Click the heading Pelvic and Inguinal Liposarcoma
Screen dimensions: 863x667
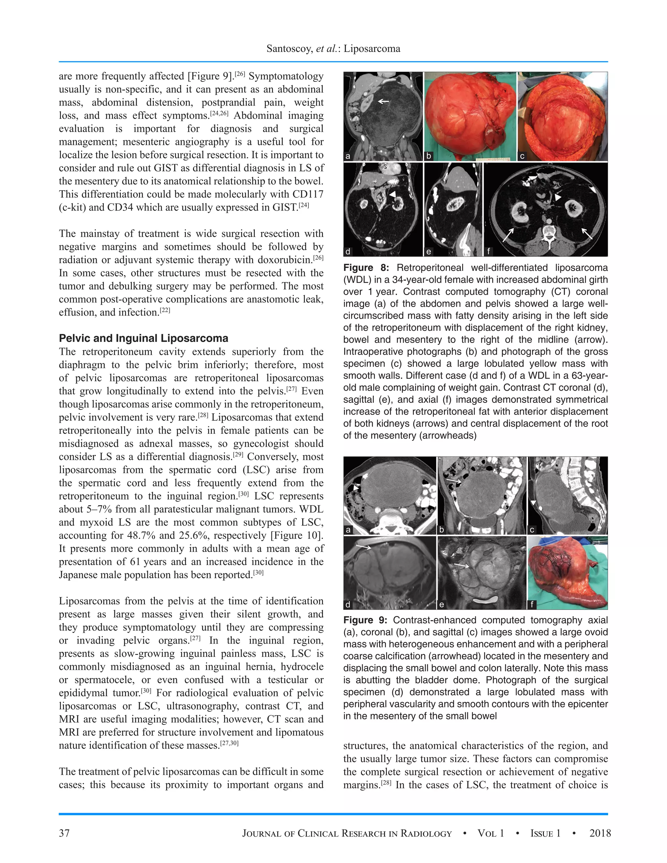[x=143, y=338]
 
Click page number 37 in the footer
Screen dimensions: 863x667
[x=64, y=833]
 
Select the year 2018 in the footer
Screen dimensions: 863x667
[x=600, y=833]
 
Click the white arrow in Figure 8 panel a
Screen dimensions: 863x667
[x=383, y=102]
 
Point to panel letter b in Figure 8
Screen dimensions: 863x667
[x=429, y=156]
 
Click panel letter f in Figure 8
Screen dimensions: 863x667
[x=489, y=251]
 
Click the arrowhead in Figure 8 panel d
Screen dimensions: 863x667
[x=392, y=194]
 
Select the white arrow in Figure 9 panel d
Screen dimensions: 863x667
[x=363, y=547]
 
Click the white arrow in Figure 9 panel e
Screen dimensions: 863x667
[x=461, y=566]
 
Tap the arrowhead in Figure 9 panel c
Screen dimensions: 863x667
[x=533, y=502]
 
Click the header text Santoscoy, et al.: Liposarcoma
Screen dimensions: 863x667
[x=333, y=49]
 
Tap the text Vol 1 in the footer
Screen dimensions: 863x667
[x=491, y=833]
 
